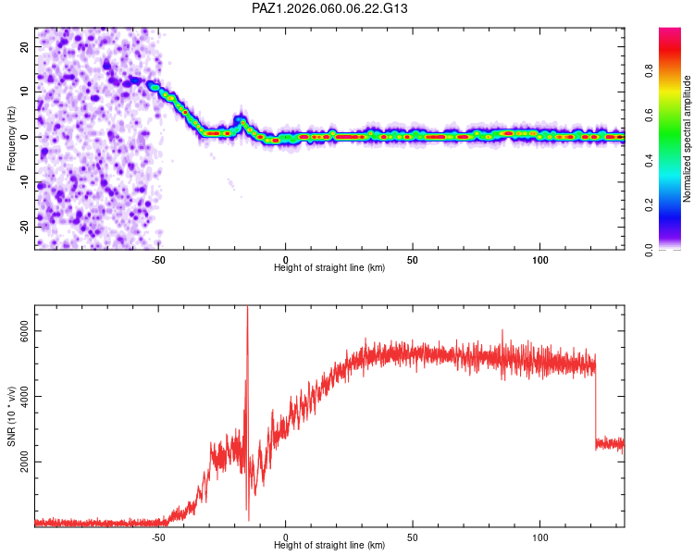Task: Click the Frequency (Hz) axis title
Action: [11, 138]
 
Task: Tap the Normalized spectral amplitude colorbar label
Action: [687, 139]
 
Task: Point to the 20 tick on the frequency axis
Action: [25, 47]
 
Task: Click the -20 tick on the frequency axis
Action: [25, 226]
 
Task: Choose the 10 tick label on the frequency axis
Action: [25, 92]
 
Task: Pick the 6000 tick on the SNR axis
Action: [25, 331]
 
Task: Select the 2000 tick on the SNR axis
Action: [25, 462]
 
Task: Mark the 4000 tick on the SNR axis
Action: [25, 397]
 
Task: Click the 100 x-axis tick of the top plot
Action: [539, 258]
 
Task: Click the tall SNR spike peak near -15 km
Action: [247, 309]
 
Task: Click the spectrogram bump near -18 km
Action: [241, 120]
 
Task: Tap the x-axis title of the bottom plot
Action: [329, 546]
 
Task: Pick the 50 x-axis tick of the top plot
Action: [413, 258]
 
